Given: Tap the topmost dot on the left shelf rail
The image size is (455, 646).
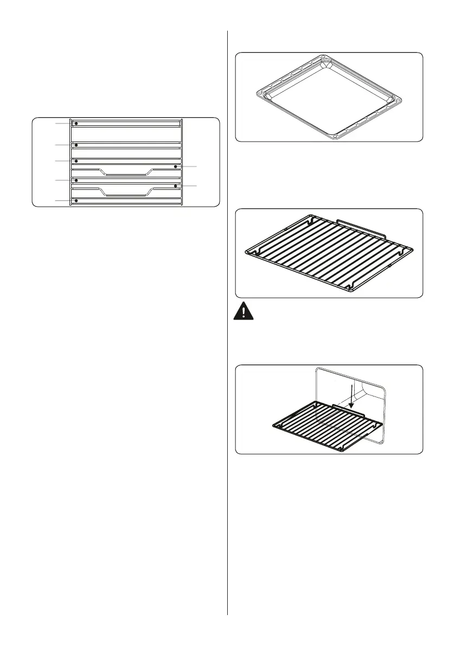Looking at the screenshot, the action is [76, 124].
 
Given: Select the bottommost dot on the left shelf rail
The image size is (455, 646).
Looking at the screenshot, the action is [76, 201].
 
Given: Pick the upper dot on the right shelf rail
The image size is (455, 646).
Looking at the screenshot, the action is [176, 166].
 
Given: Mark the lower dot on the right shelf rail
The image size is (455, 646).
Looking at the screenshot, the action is [176, 186].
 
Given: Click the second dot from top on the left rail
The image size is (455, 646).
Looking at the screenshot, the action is [76, 145].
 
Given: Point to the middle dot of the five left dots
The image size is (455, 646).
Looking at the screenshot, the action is [76, 161].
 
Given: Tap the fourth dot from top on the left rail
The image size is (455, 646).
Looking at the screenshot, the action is [76, 180].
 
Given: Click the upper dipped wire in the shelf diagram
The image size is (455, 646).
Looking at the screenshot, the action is [125, 175].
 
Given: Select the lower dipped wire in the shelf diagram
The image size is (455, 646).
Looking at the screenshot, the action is [125, 194].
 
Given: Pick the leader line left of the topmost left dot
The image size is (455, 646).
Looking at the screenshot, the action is [62, 124].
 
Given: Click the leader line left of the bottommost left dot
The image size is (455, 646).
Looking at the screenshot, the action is [62, 201].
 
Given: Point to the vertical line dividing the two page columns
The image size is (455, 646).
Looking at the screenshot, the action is [227, 325].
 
